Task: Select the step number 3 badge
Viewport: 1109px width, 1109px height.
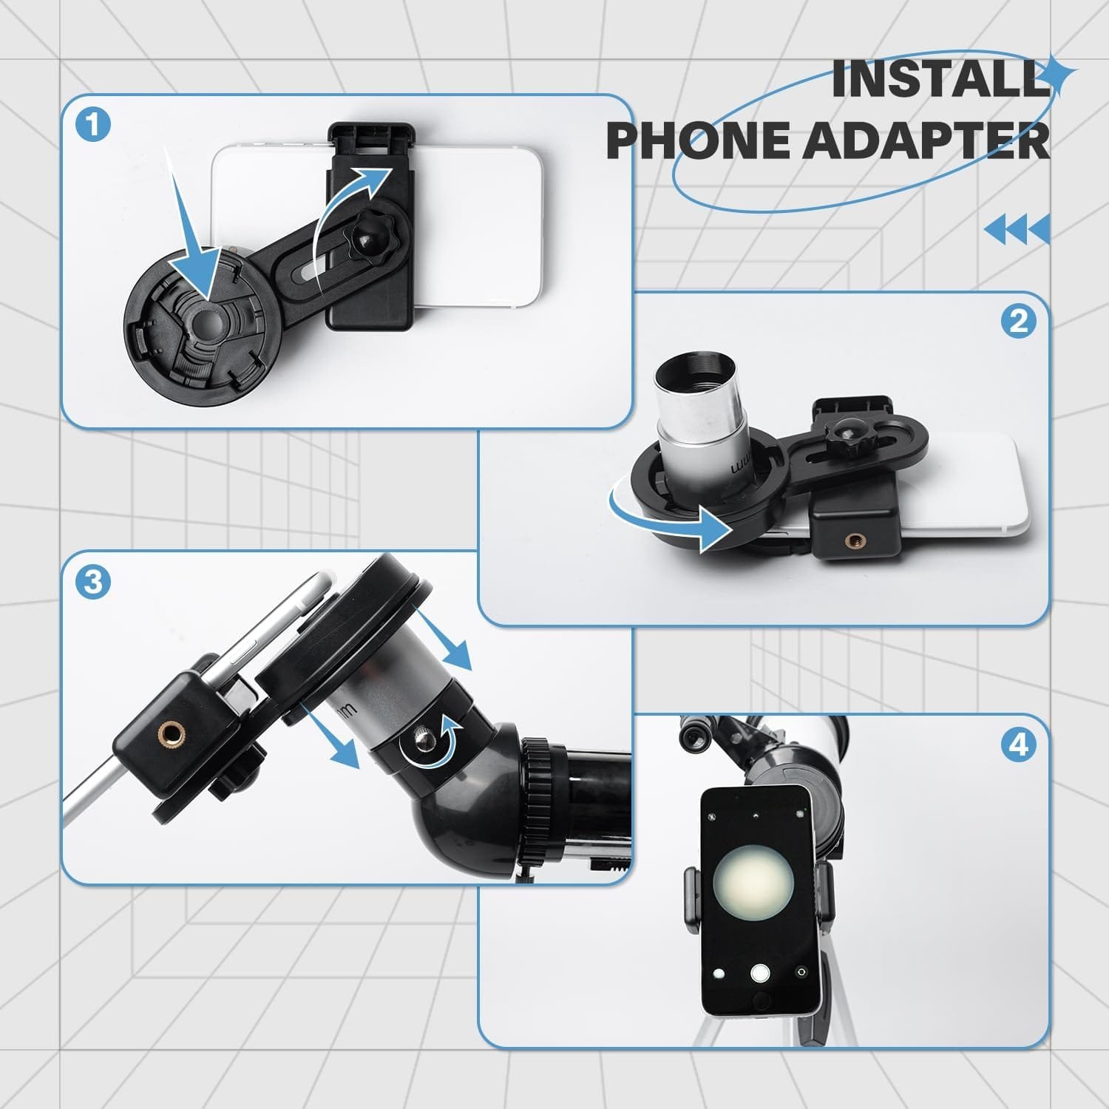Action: click(x=93, y=582)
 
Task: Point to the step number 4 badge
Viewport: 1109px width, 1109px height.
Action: click(x=1018, y=745)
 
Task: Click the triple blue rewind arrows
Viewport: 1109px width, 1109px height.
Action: click(x=1017, y=229)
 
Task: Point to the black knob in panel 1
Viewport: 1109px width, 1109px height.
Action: click(x=367, y=239)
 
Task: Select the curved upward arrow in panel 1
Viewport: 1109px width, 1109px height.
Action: click(x=347, y=214)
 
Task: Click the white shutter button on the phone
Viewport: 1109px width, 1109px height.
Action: click(x=759, y=973)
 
